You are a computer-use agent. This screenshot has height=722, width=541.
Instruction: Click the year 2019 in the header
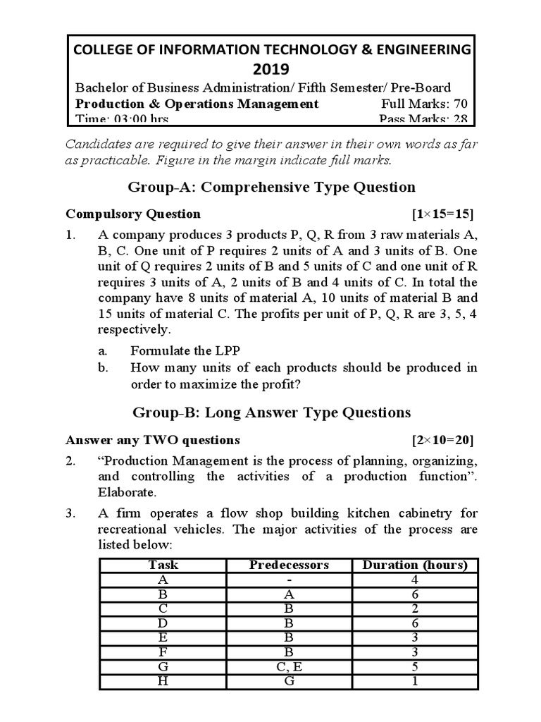coord(270,68)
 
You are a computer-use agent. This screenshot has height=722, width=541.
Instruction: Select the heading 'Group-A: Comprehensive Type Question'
coord(271,187)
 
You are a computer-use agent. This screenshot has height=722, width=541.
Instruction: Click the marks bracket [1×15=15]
coord(443,214)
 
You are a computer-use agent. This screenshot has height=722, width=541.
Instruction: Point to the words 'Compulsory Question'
coord(133,214)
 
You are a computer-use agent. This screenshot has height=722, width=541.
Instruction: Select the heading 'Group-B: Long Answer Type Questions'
coord(271,412)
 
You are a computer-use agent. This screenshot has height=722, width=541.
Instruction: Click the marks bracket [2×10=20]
coord(443,440)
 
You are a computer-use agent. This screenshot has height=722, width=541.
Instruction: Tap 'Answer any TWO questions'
coord(153,440)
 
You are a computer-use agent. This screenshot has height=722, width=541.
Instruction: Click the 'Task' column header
coord(163,565)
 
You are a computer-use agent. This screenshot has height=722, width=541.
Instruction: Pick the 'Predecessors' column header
coord(289,565)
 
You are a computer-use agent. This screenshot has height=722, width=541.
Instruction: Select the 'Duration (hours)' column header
coord(414,565)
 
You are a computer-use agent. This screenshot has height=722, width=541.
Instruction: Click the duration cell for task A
coord(414,580)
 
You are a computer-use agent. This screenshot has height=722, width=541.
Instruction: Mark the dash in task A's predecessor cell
coord(289,580)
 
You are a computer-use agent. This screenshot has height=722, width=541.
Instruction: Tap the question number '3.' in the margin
coord(70,513)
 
